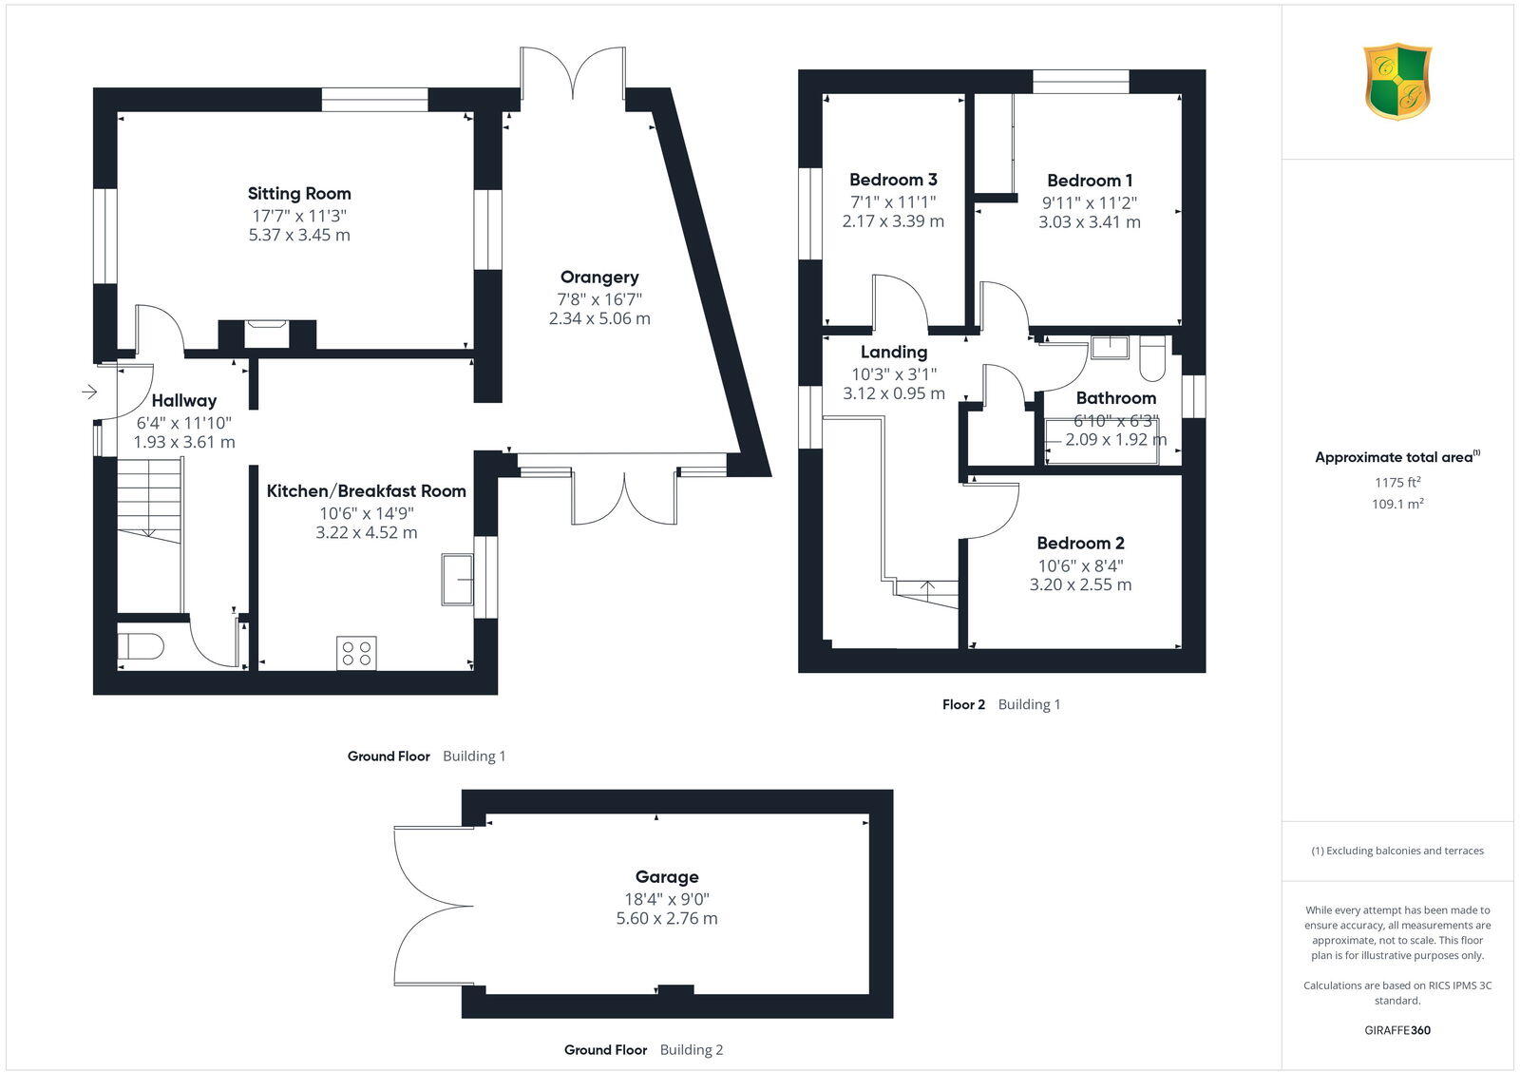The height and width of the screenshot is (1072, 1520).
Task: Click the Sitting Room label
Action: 299,194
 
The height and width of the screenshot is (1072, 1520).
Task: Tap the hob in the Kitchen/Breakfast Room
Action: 356,653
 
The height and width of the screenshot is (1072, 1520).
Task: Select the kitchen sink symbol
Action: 457,580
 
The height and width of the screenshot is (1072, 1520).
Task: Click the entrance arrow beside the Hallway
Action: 90,392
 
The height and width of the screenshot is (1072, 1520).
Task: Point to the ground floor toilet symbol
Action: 141,647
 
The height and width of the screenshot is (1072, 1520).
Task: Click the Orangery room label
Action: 598,278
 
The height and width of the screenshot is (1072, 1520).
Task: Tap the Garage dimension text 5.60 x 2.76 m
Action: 667,919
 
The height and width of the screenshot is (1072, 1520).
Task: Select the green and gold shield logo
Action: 1397,82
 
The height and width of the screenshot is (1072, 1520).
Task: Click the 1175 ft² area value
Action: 1397,483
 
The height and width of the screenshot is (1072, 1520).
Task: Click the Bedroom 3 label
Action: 893,180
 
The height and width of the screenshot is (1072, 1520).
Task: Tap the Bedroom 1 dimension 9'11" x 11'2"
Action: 1090,202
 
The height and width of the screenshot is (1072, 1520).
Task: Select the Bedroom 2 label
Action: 1080,544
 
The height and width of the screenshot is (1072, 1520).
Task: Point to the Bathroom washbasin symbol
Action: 1109,347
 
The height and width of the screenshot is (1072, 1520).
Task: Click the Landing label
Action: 893,353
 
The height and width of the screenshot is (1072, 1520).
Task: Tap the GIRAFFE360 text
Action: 1397,1030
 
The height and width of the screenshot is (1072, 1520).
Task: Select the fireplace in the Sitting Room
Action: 266,334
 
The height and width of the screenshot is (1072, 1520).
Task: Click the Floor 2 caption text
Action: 963,705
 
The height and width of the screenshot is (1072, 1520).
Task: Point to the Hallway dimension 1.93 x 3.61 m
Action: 184,443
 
